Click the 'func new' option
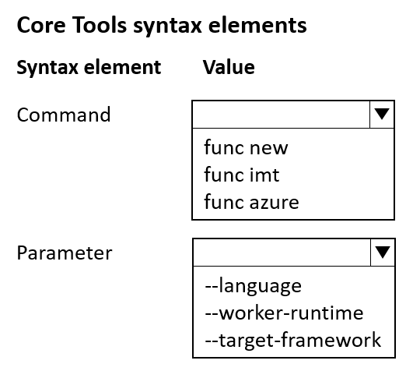coord(246,147)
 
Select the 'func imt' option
coord(242,175)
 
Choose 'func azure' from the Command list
coord(251,202)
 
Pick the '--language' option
coord(253,286)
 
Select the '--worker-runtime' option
coord(284,313)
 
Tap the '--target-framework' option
coord(293,340)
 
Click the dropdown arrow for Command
coord(382,115)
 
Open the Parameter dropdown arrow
coord(383,253)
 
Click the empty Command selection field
coord(281,115)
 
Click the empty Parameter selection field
coord(282,253)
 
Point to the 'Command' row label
coord(64,115)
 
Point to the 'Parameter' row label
coord(65,253)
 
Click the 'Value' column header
coord(229,67)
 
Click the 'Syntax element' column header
coord(89,68)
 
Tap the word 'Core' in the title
coord(41,25)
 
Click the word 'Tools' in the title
coord(100,25)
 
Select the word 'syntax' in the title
coord(167,26)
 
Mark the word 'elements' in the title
coord(257,25)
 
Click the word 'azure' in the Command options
coord(274,203)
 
